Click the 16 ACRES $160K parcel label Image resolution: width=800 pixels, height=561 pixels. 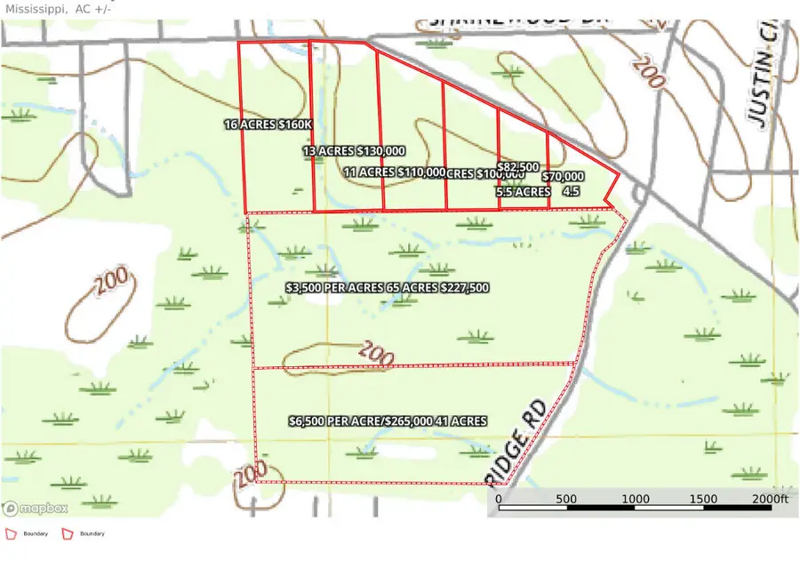[x=268, y=125]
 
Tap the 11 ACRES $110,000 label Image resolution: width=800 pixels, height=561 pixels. [x=394, y=172]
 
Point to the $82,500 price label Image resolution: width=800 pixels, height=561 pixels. [x=518, y=167]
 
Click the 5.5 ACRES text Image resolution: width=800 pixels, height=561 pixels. [x=523, y=191]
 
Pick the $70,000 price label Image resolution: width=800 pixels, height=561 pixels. [x=563, y=177]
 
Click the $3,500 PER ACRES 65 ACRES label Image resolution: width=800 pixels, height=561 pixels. [x=388, y=288]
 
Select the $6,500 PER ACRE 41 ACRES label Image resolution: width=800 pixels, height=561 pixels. [x=388, y=421]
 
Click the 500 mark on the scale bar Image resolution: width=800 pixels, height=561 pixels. [x=566, y=500]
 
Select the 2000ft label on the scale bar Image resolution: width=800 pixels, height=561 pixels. [x=770, y=500]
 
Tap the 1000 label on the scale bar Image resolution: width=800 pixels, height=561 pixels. [x=635, y=500]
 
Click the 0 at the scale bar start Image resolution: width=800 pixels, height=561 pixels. [x=499, y=500]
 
